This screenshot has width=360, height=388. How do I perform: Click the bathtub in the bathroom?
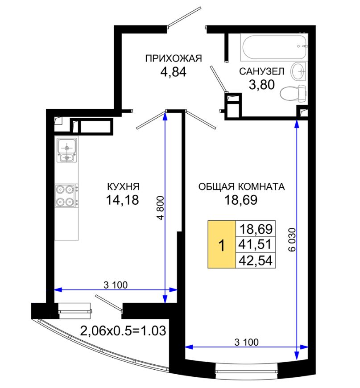(x=274, y=47)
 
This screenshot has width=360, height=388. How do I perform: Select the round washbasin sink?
(x=299, y=71)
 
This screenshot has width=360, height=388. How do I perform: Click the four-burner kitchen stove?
(x=66, y=196)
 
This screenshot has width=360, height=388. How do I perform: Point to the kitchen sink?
(x=67, y=150)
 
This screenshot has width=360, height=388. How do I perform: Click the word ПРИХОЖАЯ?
(x=174, y=58)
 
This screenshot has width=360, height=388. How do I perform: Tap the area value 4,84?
(x=174, y=72)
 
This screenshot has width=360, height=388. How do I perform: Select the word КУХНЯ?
(x=123, y=186)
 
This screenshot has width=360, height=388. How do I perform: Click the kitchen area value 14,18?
(x=122, y=200)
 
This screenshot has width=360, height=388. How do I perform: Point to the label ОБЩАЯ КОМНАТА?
(x=241, y=186)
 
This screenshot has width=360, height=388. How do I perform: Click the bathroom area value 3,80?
(x=262, y=85)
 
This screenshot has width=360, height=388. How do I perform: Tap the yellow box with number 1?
(x=222, y=244)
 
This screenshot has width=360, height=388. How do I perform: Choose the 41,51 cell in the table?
(x=255, y=244)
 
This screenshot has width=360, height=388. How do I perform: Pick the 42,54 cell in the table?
(x=255, y=260)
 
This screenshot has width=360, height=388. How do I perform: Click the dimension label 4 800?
(x=160, y=208)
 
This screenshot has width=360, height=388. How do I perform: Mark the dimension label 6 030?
(x=292, y=239)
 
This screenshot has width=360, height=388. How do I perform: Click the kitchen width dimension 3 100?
(x=116, y=285)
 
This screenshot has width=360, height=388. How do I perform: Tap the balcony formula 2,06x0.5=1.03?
(x=123, y=331)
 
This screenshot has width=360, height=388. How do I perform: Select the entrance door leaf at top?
(x=184, y=17)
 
